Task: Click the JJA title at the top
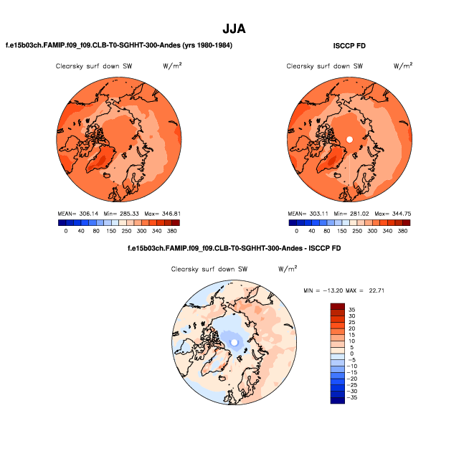(234, 29)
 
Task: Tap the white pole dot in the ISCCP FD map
(349, 138)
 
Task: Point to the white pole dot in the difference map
(234, 343)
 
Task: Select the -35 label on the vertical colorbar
(353, 397)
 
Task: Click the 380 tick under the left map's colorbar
(171, 231)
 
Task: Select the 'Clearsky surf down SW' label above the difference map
(204, 270)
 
